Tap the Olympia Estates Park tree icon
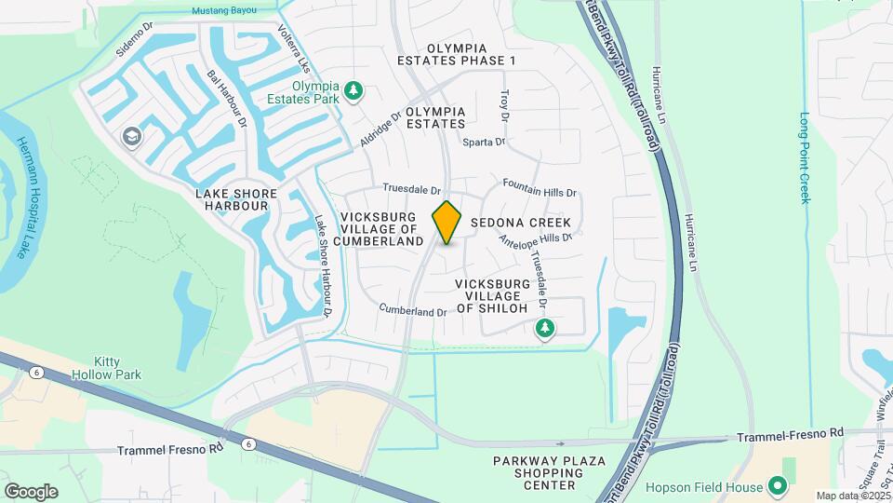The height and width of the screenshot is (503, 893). [353, 91]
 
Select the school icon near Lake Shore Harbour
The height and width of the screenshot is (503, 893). [132, 138]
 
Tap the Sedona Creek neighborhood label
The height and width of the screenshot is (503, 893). [520, 224]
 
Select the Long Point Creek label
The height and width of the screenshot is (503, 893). [806, 158]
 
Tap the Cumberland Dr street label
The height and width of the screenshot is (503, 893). [413, 308]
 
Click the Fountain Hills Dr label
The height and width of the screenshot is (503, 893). [540, 187]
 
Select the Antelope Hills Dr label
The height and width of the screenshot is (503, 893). [534, 238]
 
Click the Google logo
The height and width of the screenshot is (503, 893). [31, 491]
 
